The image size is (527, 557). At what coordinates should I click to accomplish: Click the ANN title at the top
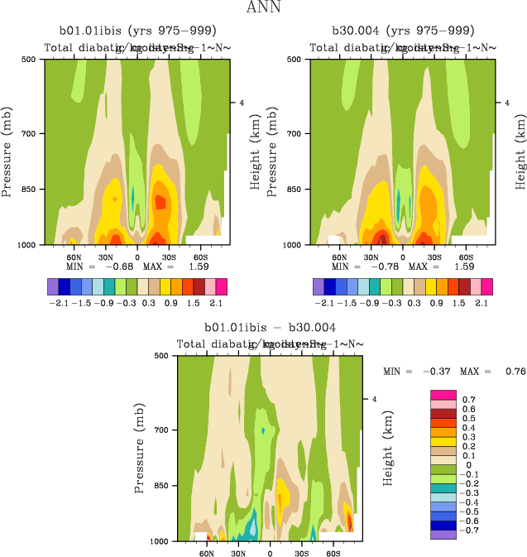pos(263,9)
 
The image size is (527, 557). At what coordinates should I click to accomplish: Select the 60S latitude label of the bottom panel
pos(334,553)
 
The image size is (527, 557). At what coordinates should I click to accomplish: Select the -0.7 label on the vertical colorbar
pos(470,530)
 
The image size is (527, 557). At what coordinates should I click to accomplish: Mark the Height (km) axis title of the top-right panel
pos(520,151)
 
